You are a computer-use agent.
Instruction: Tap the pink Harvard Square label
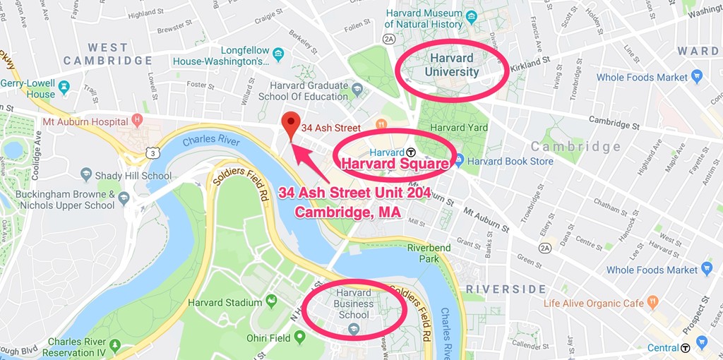pyautogui.click(x=395, y=165)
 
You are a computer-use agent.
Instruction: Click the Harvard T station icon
pyautogui.click(x=411, y=152)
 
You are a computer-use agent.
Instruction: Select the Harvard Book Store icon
pyautogui.click(x=459, y=161)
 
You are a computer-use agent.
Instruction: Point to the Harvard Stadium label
pyautogui.click(x=225, y=303)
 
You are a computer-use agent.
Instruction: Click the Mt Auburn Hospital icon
pyautogui.click(x=137, y=121)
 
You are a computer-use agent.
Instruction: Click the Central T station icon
pyautogui.click(x=685, y=348)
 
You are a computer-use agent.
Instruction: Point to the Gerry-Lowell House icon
pyautogui.click(x=64, y=87)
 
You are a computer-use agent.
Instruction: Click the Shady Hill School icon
pyautogui.click(x=86, y=174)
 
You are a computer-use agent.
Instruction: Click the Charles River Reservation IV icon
pyautogui.click(x=114, y=346)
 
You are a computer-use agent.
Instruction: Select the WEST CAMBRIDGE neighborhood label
pyautogui.click(x=107, y=54)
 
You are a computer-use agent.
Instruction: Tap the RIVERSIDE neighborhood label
pyautogui.click(x=506, y=289)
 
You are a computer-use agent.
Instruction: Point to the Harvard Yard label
pyautogui.click(x=458, y=128)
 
